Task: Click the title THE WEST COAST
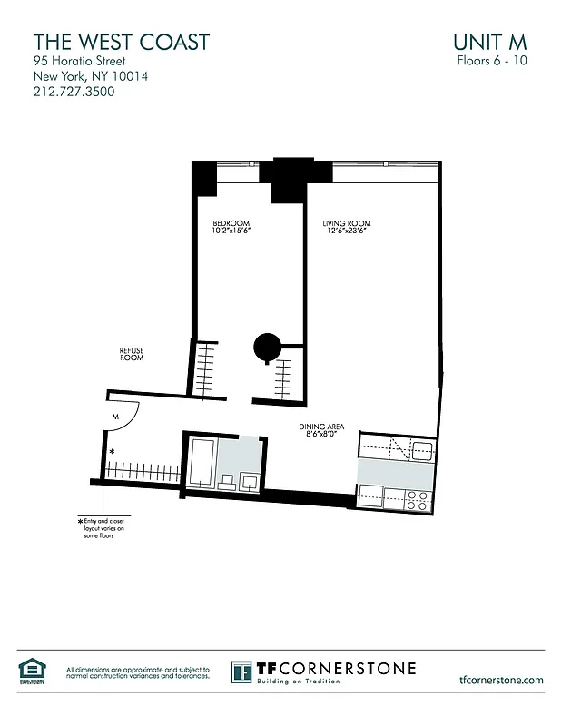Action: click(x=121, y=42)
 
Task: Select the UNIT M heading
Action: click(x=489, y=42)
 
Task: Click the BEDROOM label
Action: click(x=231, y=223)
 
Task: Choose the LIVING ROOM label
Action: click(x=347, y=223)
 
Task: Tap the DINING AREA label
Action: click(x=322, y=427)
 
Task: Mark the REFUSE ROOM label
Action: click(x=132, y=354)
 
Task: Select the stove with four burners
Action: click(x=417, y=496)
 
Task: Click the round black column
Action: click(x=267, y=346)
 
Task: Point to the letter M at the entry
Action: click(x=116, y=417)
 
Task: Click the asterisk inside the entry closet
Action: click(x=113, y=451)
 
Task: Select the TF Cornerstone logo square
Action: click(x=241, y=672)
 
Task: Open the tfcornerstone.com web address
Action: click(x=501, y=679)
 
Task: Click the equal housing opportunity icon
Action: click(x=31, y=670)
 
